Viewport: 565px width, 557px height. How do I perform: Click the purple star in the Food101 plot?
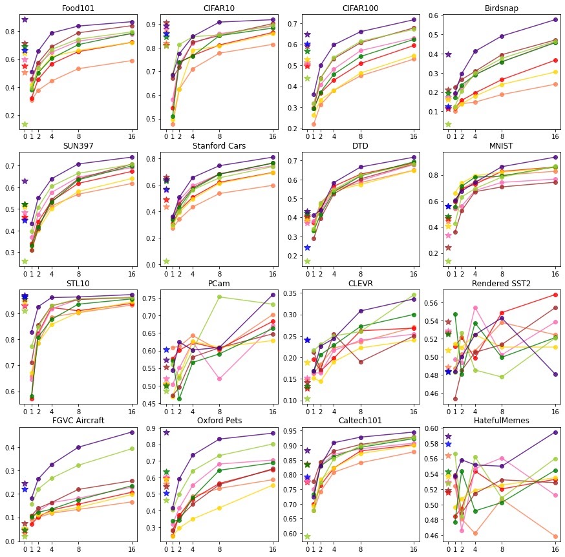25,19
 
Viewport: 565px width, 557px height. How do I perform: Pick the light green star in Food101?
25,124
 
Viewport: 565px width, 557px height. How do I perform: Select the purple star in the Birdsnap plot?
448,54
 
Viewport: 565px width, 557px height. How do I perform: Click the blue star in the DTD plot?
307,247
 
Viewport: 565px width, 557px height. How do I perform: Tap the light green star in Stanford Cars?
166,261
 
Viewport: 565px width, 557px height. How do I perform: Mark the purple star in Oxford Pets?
166,432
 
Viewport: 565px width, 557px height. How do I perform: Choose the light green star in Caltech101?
307,536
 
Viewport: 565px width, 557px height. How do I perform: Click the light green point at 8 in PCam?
219,297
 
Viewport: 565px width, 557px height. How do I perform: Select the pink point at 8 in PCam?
219,379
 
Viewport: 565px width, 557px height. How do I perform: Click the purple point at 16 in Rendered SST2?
555,374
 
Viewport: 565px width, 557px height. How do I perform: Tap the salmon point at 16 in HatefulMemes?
555,536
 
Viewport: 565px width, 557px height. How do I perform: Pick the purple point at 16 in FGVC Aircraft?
132,432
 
